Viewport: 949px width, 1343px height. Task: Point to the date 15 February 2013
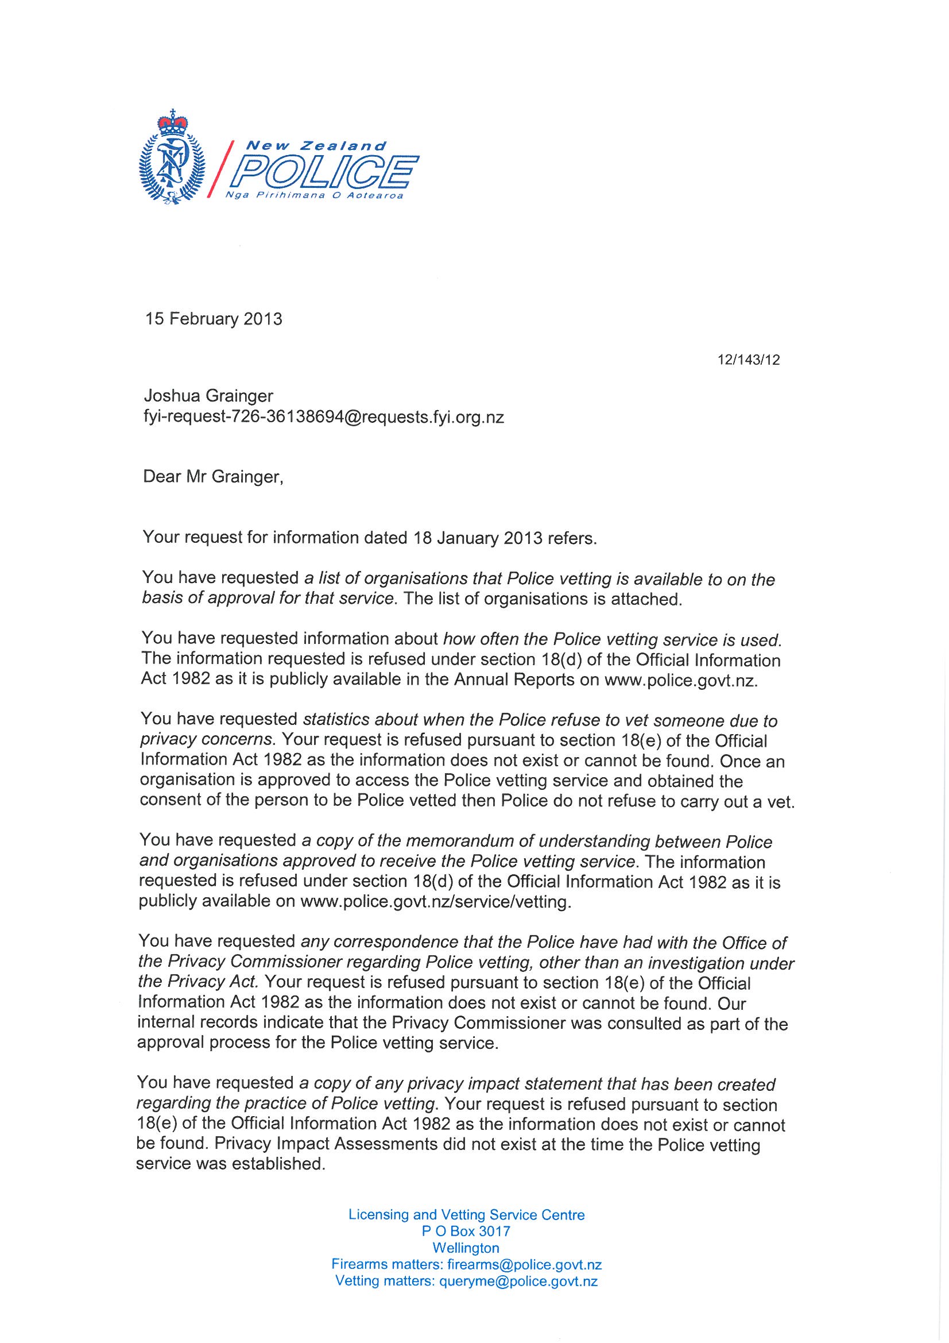214,319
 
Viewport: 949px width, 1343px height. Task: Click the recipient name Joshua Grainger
209,396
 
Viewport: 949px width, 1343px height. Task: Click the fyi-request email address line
323,417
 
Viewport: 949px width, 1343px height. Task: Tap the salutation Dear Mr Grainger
214,477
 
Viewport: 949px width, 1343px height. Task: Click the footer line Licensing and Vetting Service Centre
467,1215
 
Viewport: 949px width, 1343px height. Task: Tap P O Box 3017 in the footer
466,1232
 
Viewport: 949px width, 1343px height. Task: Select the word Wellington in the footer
466,1248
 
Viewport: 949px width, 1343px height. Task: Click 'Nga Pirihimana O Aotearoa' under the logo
323,196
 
